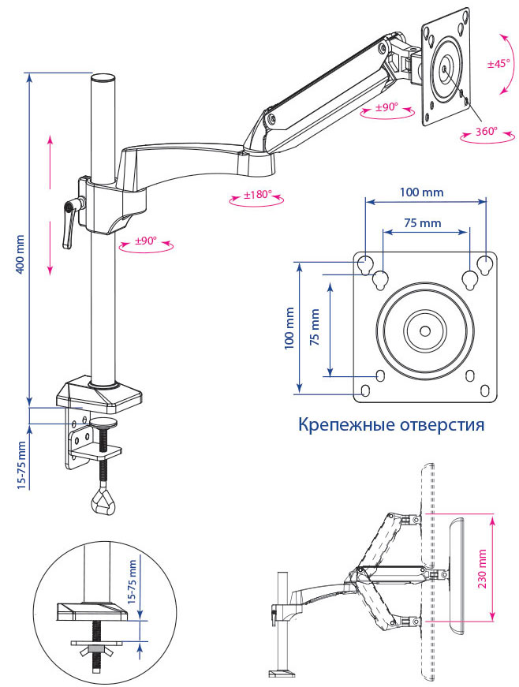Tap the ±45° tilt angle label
[498, 63]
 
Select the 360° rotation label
[486, 132]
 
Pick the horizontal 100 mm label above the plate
[421, 192]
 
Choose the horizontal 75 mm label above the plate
[422, 223]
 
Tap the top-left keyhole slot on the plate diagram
[365, 263]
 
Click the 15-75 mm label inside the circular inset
[133, 580]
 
